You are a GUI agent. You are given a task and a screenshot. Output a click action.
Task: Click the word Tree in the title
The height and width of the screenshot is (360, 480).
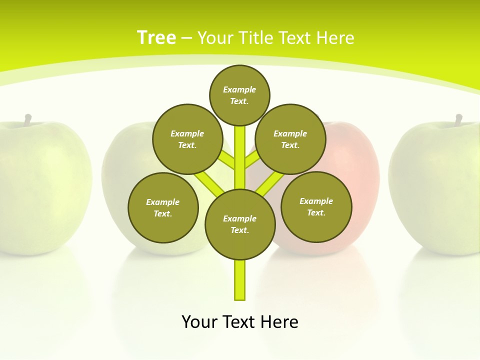pyautogui.click(x=156, y=37)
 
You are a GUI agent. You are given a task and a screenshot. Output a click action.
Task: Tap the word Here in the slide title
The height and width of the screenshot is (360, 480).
pyautogui.click(x=334, y=38)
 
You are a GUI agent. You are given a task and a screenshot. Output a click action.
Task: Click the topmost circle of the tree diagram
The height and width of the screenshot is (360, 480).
pyautogui.click(x=239, y=95)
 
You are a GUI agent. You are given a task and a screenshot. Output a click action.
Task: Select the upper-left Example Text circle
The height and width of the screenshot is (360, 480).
pyautogui.click(x=187, y=139)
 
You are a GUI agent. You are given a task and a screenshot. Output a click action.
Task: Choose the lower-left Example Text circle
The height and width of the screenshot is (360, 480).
pyautogui.click(x=163, y=207)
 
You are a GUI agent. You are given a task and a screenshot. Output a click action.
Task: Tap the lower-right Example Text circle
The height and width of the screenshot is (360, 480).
pyautogui.click(x=316, y=206)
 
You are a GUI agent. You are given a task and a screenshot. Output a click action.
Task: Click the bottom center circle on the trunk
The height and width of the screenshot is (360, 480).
pyautogui.click(x=240, y=224)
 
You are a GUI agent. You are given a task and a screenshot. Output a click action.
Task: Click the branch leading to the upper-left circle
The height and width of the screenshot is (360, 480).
pyautogui.click(x=227, y=161)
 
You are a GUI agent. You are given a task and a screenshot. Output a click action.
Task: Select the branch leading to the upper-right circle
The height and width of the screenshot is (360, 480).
pyautogui.click(x=251, y=161)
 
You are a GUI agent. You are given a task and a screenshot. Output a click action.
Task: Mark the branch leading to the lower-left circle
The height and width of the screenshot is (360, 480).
pyautogui.click(x=209, y=183)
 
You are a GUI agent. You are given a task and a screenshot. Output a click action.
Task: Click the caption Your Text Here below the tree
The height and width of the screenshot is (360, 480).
pyautogui.click(x=240, y=322)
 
